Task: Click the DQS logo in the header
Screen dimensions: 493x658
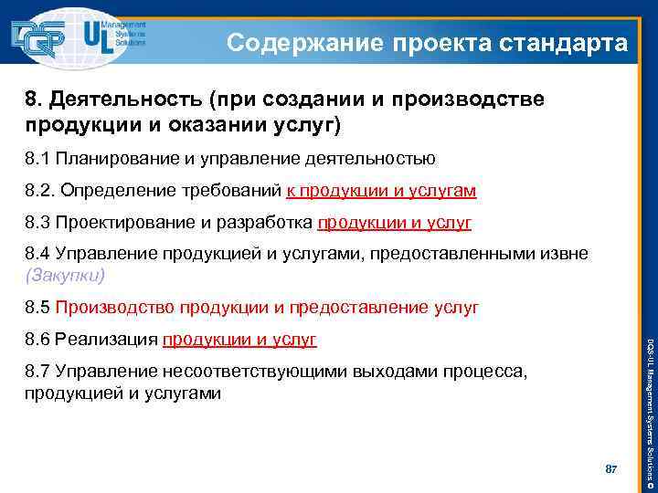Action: click(x=41, y=37)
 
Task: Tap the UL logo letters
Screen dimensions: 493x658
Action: click(x=98, y=37)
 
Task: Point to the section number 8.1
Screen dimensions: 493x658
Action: click(x=37, y=159)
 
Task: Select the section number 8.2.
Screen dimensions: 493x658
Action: click(x=39, y=191)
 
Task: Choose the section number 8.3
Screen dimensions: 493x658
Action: click(x=37, y=222)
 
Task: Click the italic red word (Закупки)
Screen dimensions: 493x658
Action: click(x=66, y=274)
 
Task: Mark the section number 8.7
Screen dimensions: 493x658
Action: click(x=37, y=373)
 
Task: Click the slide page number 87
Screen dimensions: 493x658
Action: click(x=612, y=469)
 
